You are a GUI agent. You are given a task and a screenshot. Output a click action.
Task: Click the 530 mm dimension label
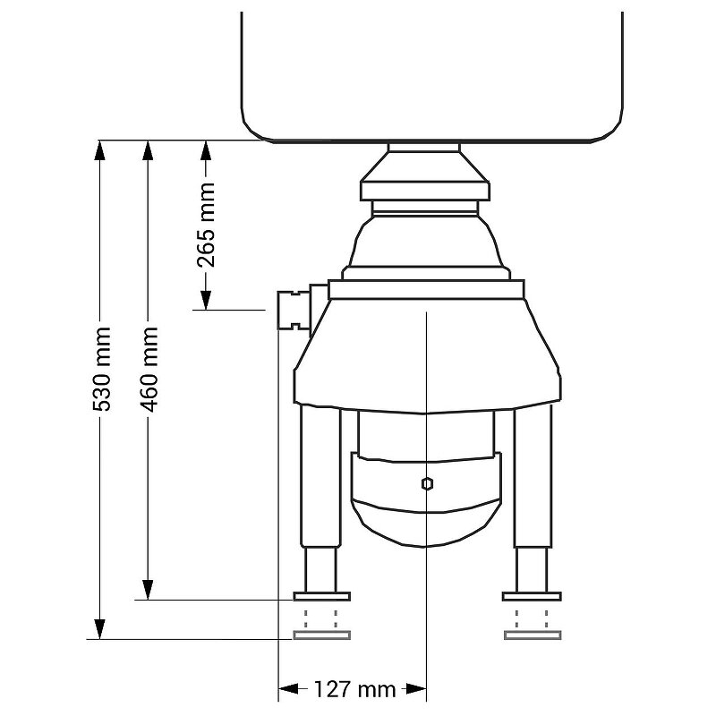click(102, 369)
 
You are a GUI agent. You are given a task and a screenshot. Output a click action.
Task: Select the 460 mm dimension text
click(149, 369)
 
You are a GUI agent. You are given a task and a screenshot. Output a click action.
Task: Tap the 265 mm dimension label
click(206, 225)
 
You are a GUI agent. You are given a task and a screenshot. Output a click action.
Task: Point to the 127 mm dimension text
click(354, 688)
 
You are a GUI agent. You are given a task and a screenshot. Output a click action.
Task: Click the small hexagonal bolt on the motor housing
click(427, 483)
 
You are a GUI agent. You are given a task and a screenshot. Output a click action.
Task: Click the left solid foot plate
click(321, 596)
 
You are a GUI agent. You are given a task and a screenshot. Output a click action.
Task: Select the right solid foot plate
click(532, 596)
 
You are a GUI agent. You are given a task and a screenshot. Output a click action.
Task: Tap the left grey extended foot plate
click(321, 635)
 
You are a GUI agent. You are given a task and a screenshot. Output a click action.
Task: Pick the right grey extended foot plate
click(533, 635)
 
